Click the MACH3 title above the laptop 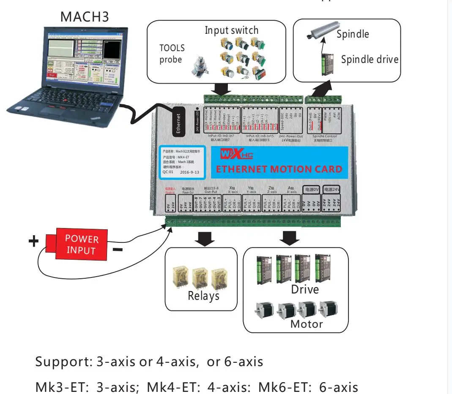point(85,17)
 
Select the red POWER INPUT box point(82,245)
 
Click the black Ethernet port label point(178,123)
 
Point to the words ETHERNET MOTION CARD point(279,169)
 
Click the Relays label point(203,296)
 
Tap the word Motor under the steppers point(306,324)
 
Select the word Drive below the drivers point(305,290)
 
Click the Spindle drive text point(370,60)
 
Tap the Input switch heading point(231,30)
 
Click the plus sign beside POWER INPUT point(33,242)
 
